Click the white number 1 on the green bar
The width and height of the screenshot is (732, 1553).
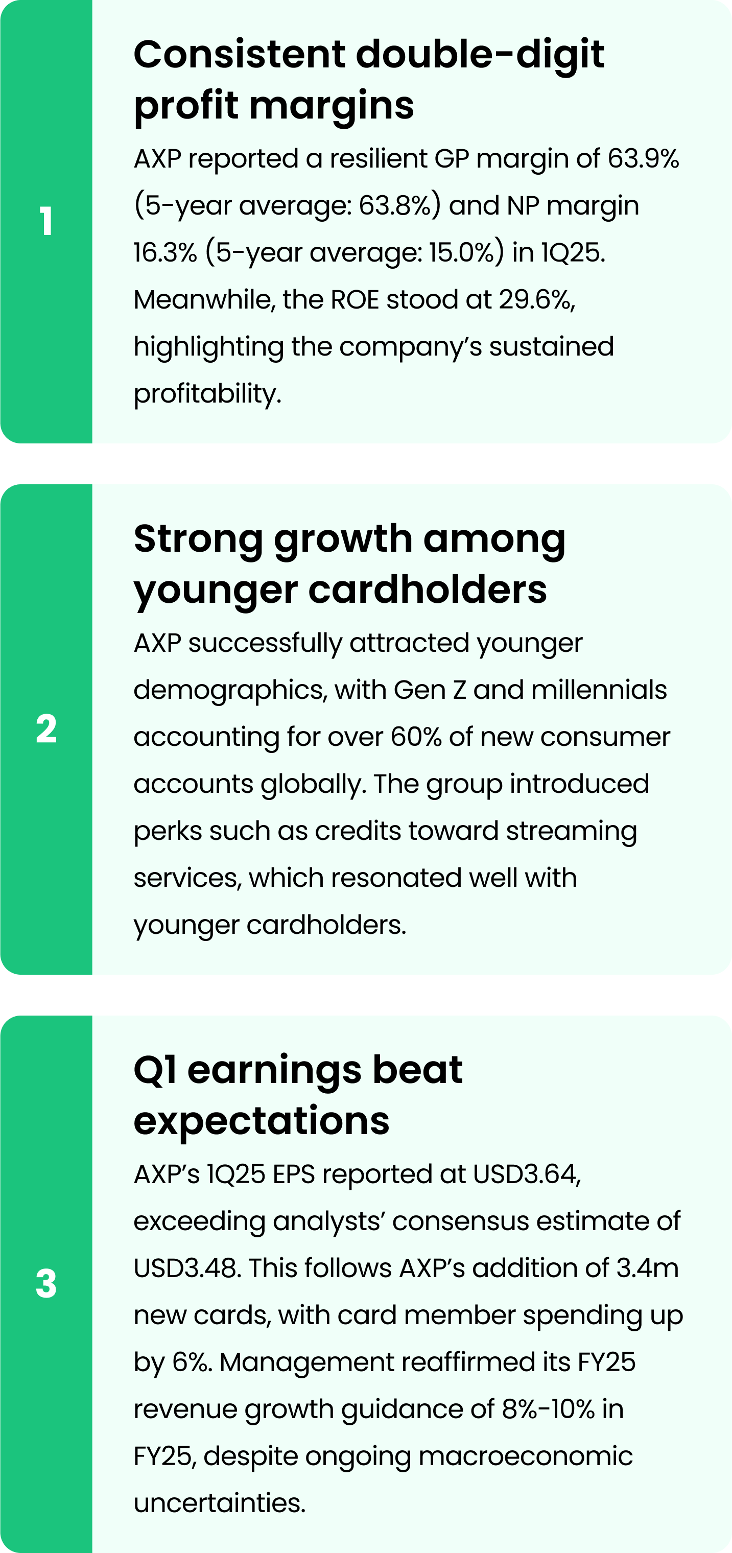(x=46, y=221)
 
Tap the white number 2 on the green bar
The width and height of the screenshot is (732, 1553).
(x=46, y=729)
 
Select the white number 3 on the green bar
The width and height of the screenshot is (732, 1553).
(x=46, y=1283)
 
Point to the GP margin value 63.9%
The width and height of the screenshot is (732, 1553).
(x=643, y=158)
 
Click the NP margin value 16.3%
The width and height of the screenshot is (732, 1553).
(x=165, y=252)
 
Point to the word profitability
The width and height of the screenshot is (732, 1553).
(x=207, y=394)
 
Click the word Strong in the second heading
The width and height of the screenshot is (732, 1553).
(x=198, y=539)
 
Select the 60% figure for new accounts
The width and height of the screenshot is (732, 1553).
(x=416, y=737)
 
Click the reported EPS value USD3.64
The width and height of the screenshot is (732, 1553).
(x=526, y=1174)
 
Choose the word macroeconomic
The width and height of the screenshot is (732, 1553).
(x=525, y=1456)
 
